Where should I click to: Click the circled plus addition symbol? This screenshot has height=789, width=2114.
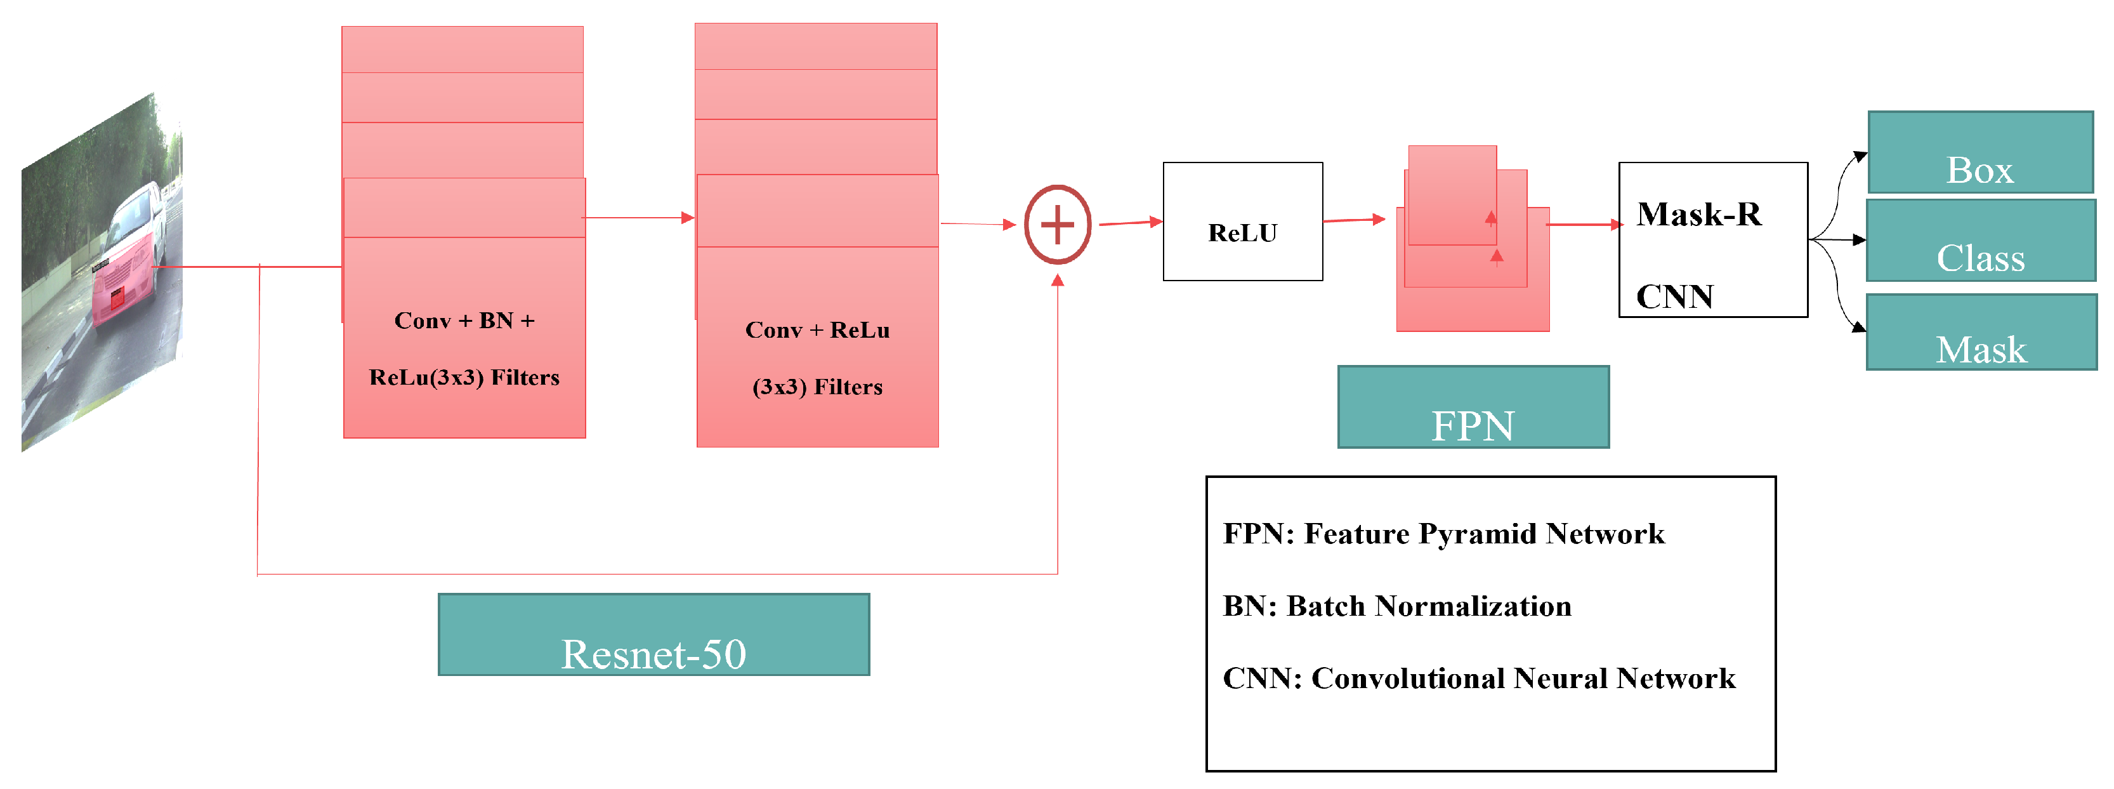[1057, 224]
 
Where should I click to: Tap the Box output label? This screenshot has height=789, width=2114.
[1979, 154]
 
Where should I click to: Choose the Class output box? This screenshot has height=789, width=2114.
[1980, 241]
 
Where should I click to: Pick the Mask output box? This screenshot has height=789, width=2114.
[1980, 333]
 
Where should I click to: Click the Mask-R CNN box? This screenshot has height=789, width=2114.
[1712, 240]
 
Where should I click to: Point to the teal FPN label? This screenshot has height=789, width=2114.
[1473, 408]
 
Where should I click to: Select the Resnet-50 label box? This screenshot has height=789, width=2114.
[653, 635]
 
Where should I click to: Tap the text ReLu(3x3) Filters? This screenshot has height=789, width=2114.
[464, 378]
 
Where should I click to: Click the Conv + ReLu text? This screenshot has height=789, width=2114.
[817, 330]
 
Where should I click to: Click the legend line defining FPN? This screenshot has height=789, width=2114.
[1443, 534]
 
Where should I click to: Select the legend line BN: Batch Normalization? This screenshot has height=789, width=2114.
[1397, 607]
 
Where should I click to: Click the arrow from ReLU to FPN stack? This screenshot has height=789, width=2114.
[1354, 220]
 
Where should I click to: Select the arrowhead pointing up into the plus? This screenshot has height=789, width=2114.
[1058, 281]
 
